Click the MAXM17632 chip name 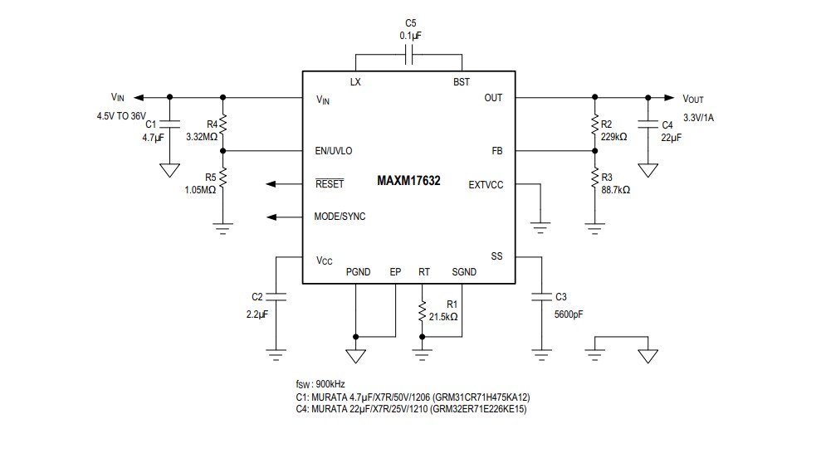coord(408,180)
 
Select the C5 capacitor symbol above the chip coord(408,56)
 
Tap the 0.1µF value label coord(410,36)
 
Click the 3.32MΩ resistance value coord(202,136)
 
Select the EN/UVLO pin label coord(334,151)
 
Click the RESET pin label coord(330,184)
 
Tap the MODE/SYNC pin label coord(340,217)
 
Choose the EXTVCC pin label coord(486,184)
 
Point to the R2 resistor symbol coord(594,125)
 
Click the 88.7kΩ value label coord(615,189)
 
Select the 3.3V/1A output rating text coord(698,117)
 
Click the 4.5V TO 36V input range coord(121,115)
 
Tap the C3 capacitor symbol coord(541,295)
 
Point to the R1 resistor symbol coord(423,309)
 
